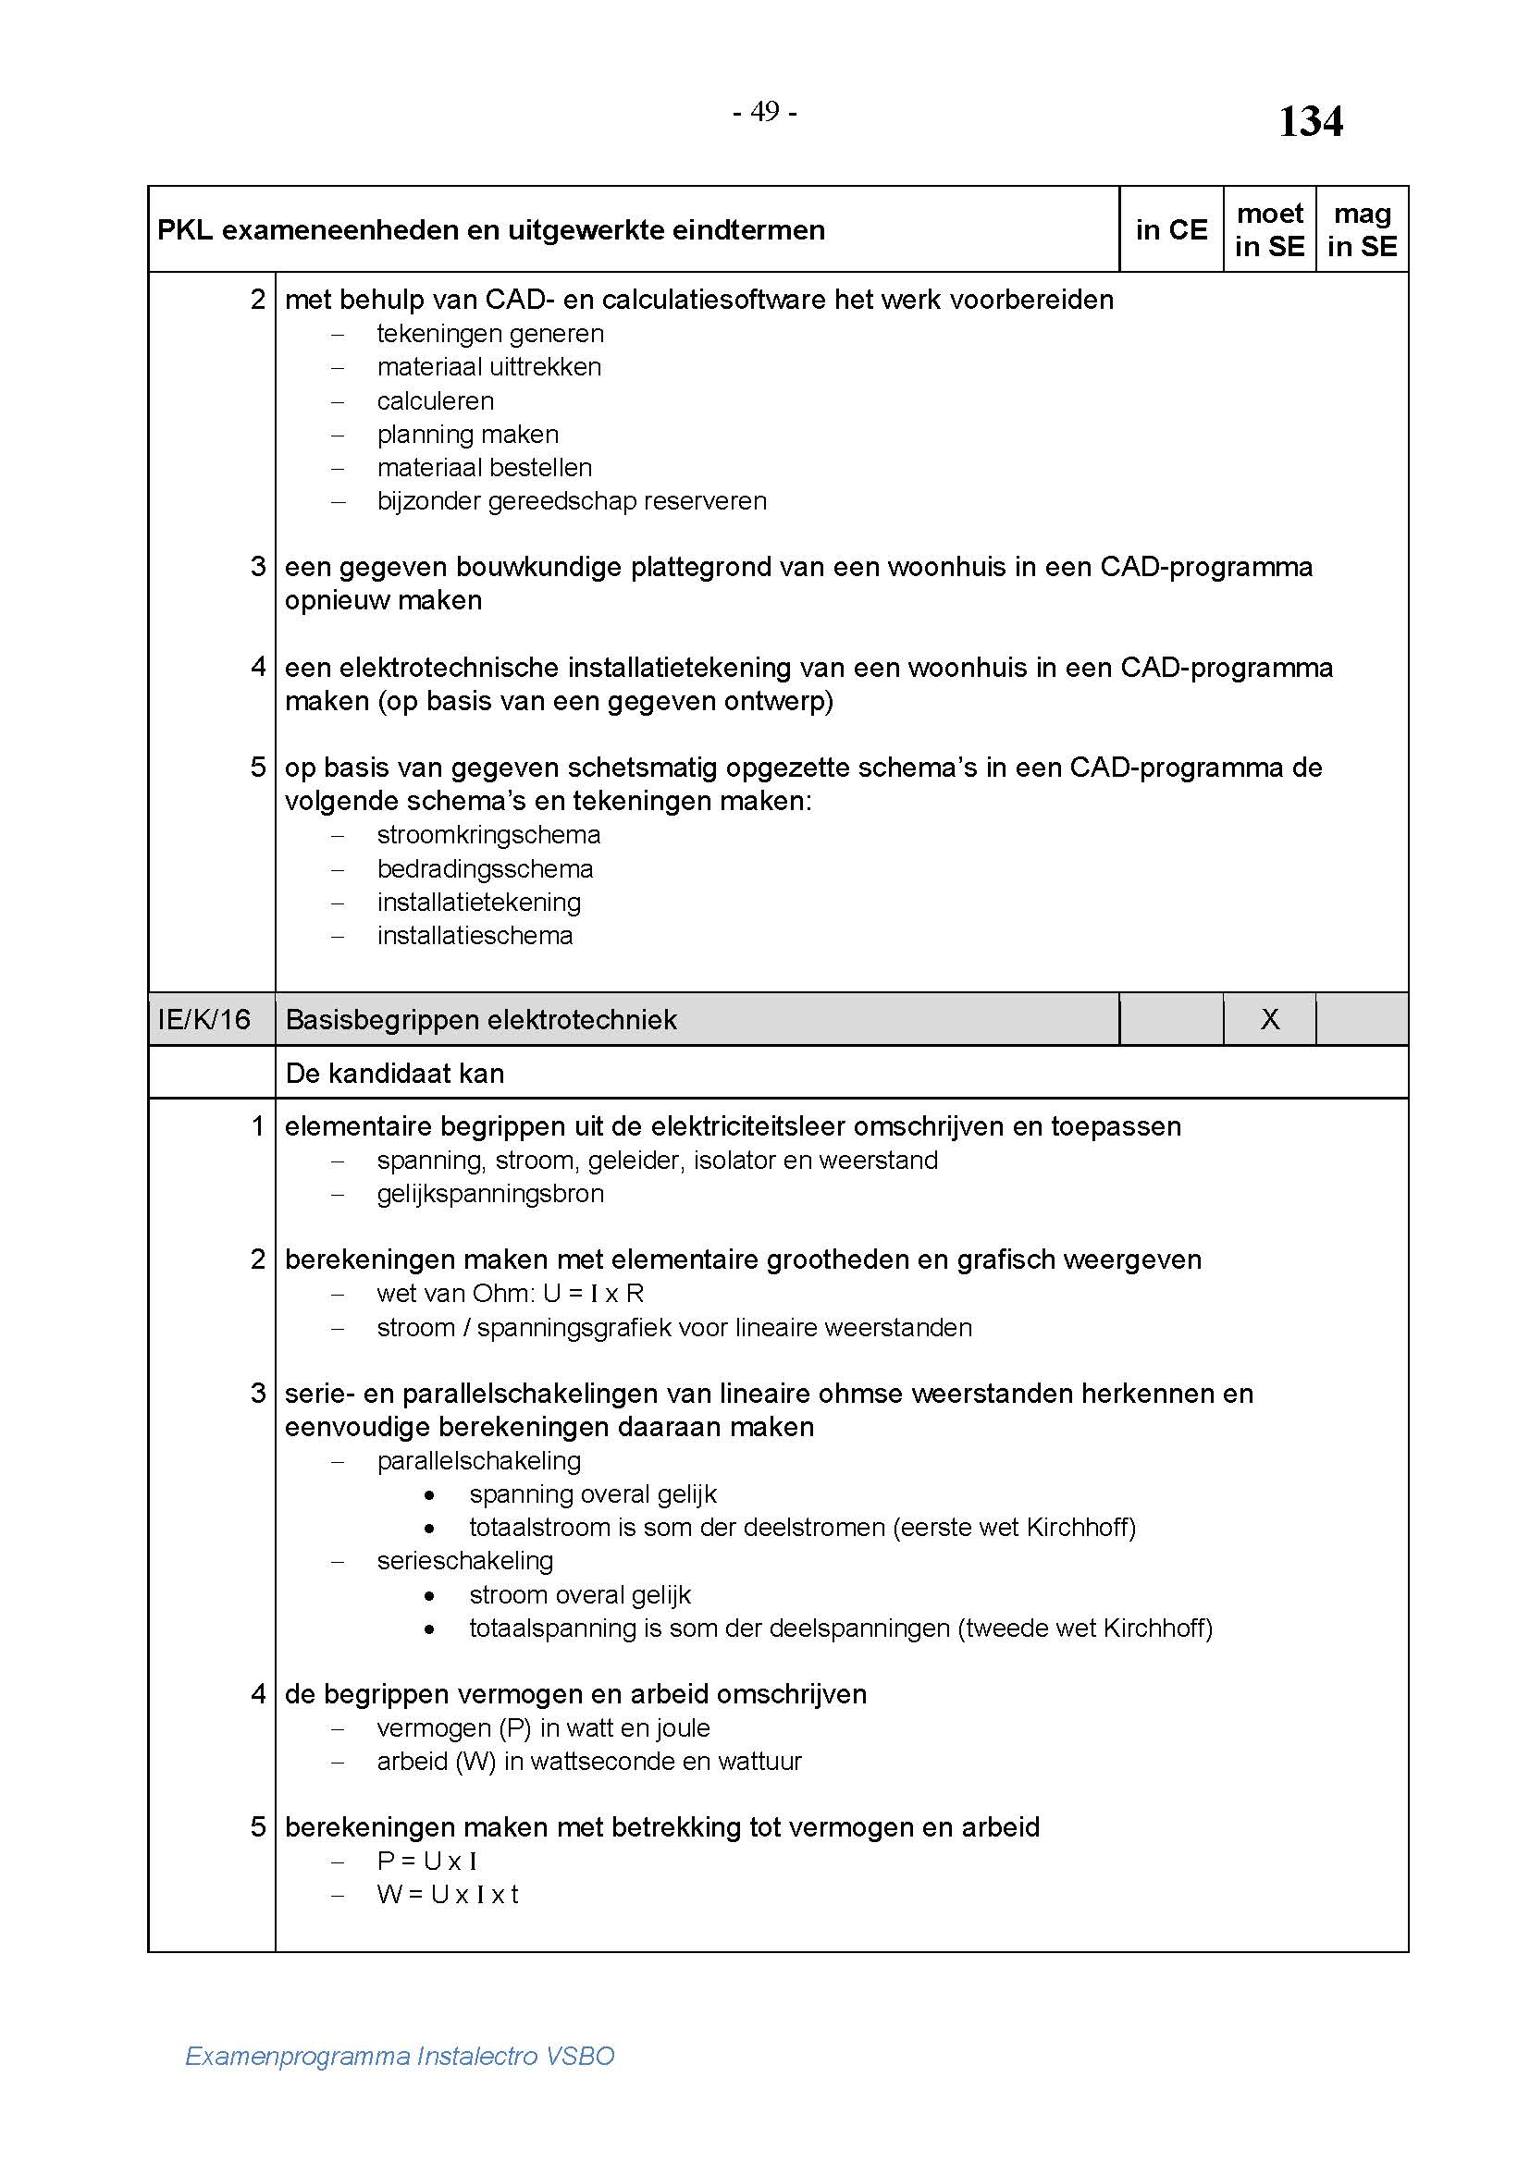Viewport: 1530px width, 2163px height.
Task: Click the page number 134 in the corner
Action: pos(1310,121)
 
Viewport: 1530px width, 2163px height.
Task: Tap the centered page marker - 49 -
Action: pos(764,112)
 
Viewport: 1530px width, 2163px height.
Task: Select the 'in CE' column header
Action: pos(1171,230)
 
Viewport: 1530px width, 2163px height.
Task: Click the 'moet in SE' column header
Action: pos(1269,230)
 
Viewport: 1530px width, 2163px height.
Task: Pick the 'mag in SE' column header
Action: pos(1362,230)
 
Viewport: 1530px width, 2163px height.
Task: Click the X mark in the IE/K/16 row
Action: pos(1270,1019)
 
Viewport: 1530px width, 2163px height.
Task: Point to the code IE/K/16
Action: pos(204,1019)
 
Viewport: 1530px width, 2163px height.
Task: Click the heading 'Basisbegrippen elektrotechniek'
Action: pos(480,1019)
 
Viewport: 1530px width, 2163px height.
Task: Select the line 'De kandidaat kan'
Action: pos(394,1073)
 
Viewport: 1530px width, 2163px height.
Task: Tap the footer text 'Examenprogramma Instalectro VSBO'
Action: pos(400,2056)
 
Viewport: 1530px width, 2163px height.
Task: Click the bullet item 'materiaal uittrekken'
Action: pos(489,366)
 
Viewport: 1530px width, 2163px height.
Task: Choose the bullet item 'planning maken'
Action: pos(467,435)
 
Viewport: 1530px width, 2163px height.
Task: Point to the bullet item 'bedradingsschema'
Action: pos(486,868)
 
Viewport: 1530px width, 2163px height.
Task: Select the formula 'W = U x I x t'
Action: pos(448,1895)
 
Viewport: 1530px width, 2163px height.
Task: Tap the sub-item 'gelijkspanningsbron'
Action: pos(490,1194)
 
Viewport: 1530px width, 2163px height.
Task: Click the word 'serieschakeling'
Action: pos(464,1561)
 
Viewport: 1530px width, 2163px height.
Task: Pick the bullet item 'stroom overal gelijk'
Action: pos(579,1595)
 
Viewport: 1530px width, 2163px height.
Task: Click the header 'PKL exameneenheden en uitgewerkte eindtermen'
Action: pos(491,230)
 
